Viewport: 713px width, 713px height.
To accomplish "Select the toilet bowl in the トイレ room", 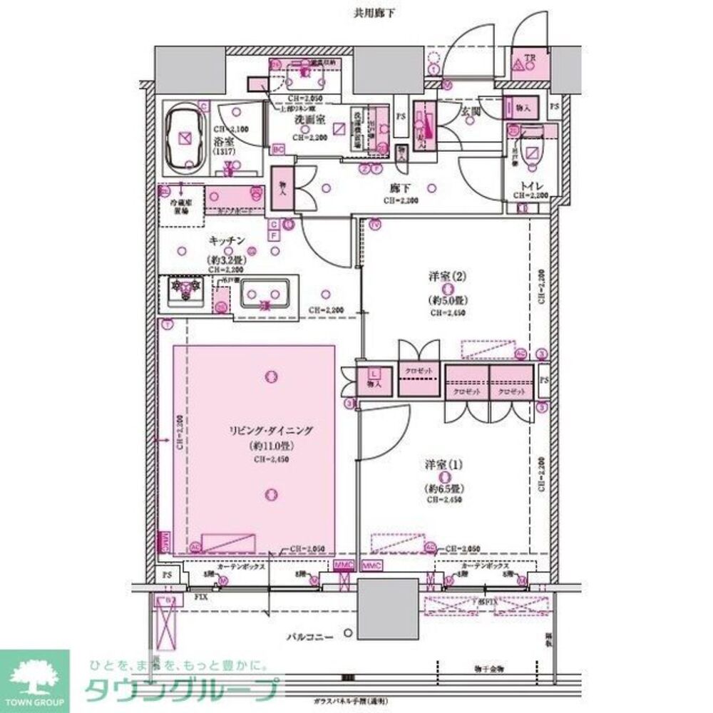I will click(x=531, y=152).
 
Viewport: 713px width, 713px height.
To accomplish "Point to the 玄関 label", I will click(x=470, y=111).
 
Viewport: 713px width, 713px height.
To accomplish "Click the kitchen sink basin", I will click(x=264, y=294).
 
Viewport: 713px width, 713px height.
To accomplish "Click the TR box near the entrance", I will click(x=528, y=63).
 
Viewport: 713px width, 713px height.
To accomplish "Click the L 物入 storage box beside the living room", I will click(x=374, y=377).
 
